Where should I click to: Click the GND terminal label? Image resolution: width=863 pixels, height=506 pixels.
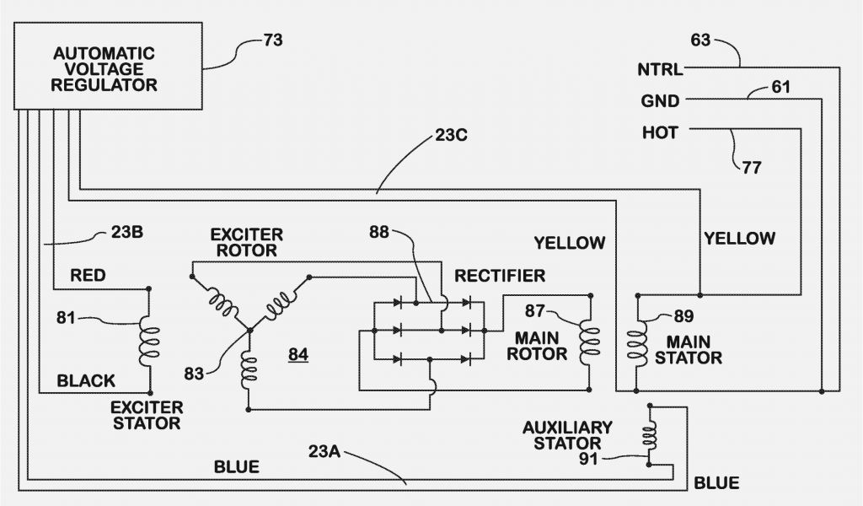(x=660, y=101)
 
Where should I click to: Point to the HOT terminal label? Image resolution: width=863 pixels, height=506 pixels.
(x=660, y=132)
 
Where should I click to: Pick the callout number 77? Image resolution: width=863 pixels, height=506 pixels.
(x=751, y=167)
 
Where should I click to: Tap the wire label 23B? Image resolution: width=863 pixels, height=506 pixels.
(x=126, y=234)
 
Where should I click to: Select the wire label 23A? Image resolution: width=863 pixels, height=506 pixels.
(x=323, y=451)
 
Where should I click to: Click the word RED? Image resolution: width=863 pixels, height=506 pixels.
(x=88, y=275)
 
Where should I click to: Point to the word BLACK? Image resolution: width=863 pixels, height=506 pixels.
(x=86, y=381)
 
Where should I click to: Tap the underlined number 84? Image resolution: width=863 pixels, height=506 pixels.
(x=297, y=354)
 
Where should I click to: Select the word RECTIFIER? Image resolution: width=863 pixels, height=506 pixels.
(x=500, y=276)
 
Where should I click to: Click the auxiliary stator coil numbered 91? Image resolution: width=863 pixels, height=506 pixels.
(x=650, y=434)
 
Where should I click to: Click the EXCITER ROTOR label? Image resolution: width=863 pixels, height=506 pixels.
(x=246, y=242)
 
